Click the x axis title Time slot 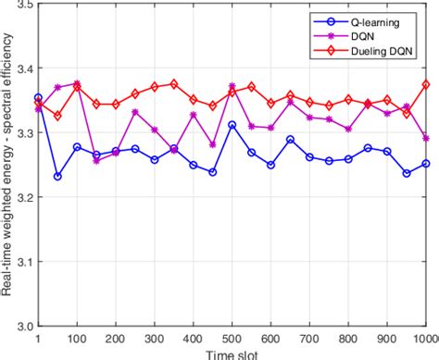click(x=232, y=353)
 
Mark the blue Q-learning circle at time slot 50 click(x=57, y=176)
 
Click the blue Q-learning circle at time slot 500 click(x=232, y=125)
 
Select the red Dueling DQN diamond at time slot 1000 click(x=425, y=84)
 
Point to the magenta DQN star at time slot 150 click(x=96, y=161)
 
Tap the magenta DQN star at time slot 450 click(x=213, y=145)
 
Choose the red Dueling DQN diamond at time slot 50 click(x=57, y=116)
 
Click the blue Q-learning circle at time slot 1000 click(x=425, y=164)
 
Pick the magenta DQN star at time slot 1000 click(x=425, y=138)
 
